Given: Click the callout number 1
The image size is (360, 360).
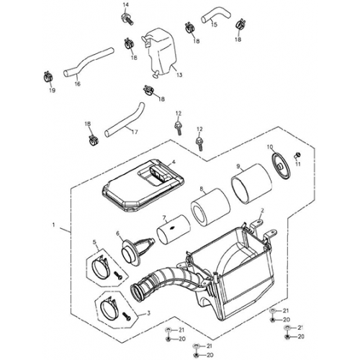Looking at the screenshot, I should (x=54, y=225).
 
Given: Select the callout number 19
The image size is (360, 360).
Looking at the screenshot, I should (x=51, y=91).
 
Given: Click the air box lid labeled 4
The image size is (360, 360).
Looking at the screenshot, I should (x=141, y=184).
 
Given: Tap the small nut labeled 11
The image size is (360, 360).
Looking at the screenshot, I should (x=300, y=156).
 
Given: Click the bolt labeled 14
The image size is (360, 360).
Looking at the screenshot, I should (x=126, y=18).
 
